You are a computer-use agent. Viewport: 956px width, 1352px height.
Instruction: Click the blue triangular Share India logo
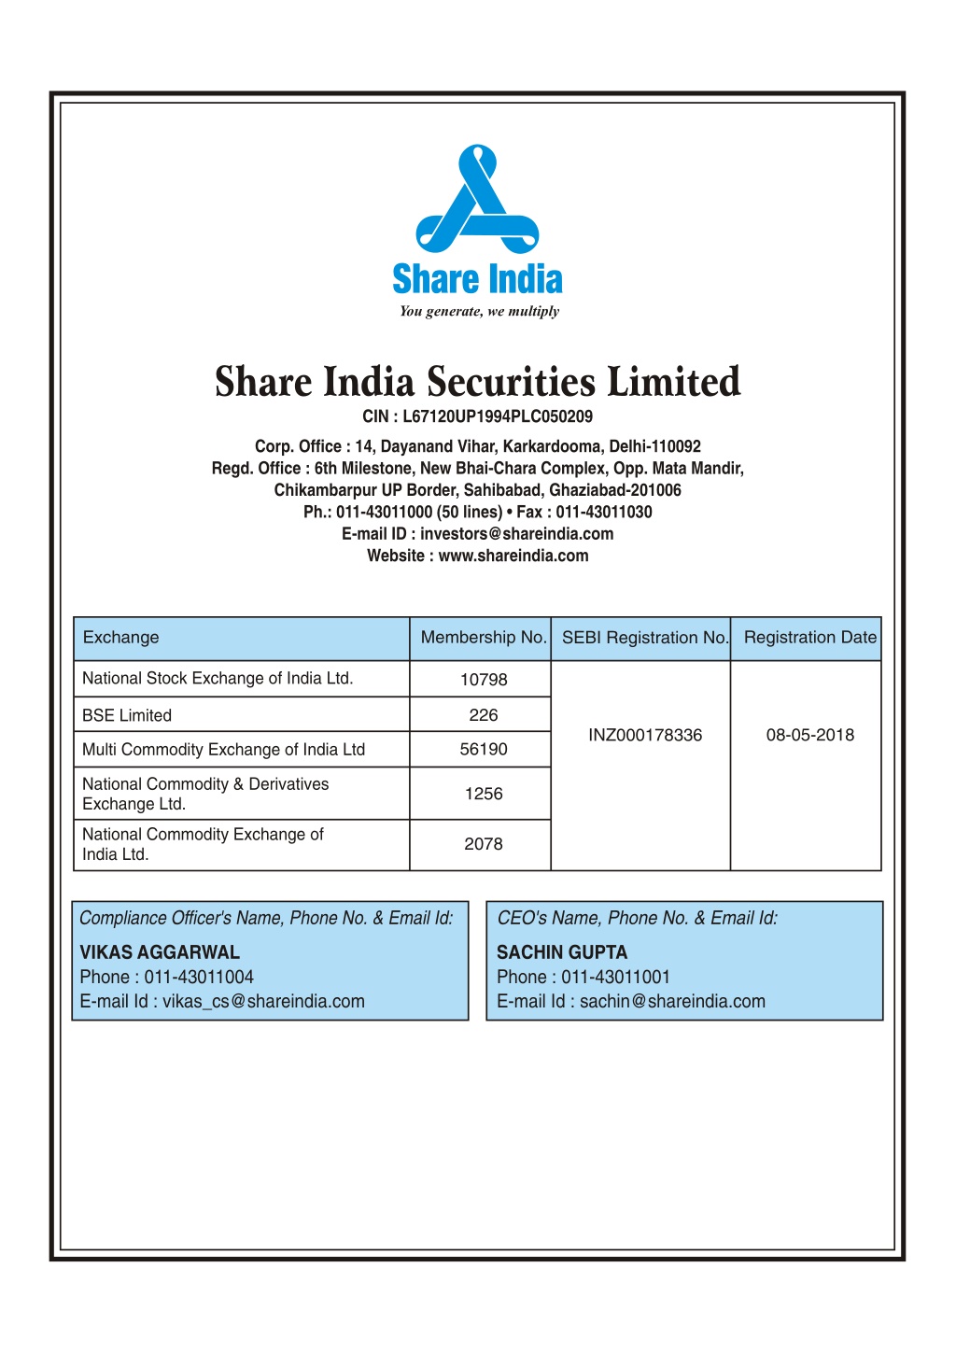coord(477,200)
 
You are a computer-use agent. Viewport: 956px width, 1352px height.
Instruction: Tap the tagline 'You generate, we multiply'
coord(479,312)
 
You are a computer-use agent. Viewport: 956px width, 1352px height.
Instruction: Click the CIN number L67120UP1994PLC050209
coord(498,416)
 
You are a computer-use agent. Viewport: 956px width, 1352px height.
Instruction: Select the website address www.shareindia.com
coord(513,556)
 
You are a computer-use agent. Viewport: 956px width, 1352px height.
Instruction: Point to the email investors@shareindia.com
coord(516,534)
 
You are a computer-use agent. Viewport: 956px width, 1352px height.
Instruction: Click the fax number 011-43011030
coord(604,513)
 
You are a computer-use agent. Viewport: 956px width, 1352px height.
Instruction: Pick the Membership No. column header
coord(483,638)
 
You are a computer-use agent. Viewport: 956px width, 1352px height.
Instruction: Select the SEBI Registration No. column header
coord(644,638)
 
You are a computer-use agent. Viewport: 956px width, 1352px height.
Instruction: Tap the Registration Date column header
coord(809,638)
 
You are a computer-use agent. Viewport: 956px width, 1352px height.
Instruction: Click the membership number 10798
coord(484,680)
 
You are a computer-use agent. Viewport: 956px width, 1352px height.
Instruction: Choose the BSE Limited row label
coord(127,715)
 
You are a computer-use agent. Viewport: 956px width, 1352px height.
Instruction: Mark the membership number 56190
coord(484,750)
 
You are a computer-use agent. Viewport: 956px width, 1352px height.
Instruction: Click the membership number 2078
coord(484,844)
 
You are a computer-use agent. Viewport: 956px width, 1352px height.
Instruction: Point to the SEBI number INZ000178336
coord(645,736)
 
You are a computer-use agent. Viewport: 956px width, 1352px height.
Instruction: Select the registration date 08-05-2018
coord(810,736)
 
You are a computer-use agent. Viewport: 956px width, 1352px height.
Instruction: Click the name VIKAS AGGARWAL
coord(160,952)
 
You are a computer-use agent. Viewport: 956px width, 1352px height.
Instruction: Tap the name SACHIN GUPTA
coord(562,952)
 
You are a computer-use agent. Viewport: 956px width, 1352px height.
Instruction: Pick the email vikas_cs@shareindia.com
coord(263,1002)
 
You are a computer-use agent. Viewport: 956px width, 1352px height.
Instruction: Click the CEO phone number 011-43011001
coord(615,978)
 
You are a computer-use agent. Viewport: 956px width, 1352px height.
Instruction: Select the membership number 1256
coord(484,794)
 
